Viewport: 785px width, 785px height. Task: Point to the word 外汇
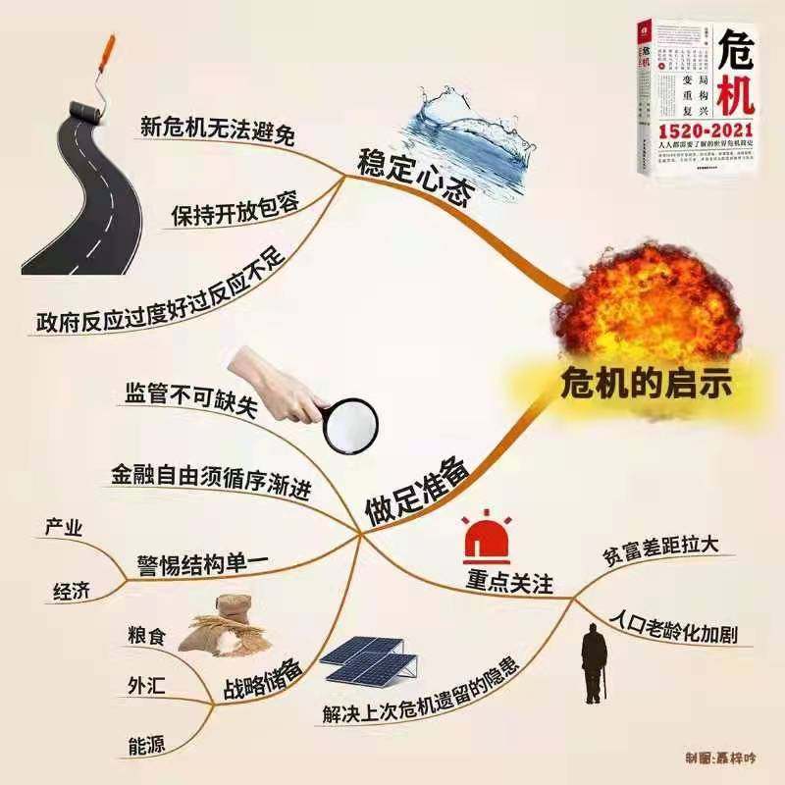point(147,684)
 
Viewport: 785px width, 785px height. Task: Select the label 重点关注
point(508,584)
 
